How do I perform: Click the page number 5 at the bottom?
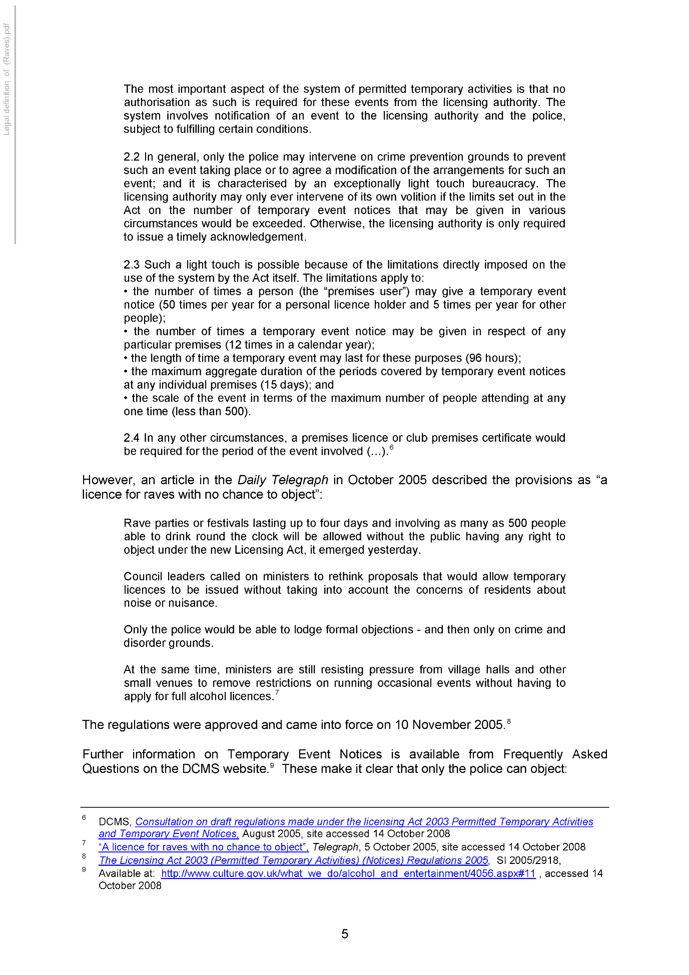point(345,933)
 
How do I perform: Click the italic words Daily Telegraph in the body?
point(283,480)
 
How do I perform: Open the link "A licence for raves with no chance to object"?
point(204,847)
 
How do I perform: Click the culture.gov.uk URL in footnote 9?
point(348,873)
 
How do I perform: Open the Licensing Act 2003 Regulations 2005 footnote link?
point(294,860)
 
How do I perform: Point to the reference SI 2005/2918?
point(528,860)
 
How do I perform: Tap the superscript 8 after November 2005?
point(509,721)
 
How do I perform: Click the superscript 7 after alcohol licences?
point(277,693)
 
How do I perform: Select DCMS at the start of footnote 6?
point(115,822)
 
